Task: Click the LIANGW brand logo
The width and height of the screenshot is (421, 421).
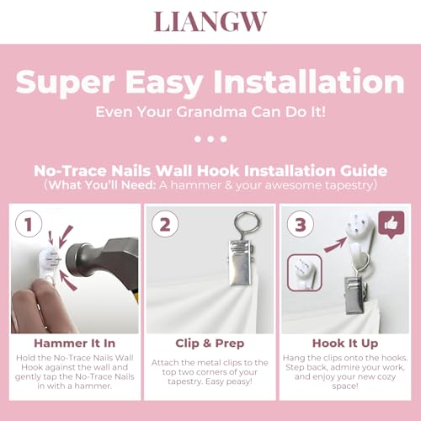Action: [210, 21]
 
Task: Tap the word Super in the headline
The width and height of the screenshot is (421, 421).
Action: [66, 83]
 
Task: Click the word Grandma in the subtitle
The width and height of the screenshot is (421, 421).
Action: [211, 112]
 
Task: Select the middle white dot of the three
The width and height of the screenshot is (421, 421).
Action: [210, 139]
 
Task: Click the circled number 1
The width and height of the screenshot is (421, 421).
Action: [29, 224]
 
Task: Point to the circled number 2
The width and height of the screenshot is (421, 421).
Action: [165, 224]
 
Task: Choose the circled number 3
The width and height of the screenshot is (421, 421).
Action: [301, 224]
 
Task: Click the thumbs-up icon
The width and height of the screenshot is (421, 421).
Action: [392, 225]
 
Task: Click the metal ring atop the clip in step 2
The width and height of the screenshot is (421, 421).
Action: [247, 224]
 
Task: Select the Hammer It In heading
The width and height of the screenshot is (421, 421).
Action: [75, 344]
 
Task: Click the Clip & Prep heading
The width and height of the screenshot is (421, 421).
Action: [210, 344]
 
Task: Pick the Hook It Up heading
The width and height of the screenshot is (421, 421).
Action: [345, 344]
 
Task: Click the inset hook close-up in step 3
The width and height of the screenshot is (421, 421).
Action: [305, 273]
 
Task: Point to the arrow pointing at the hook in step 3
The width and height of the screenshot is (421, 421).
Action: [335, 245]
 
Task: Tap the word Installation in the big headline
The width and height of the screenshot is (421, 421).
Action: [309, 82]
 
